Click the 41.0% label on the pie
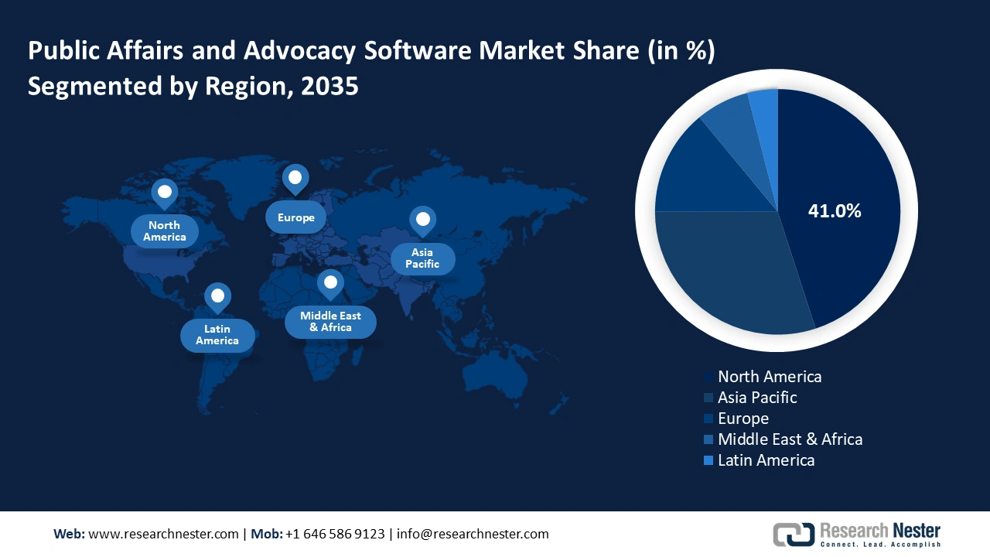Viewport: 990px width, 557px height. click(834, 210)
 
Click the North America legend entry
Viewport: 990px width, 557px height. click(769, 377)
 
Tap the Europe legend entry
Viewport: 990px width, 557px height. click(742, 419)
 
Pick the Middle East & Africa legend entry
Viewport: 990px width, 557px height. click(789, 439)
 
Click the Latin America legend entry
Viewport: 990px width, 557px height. click(766, 460)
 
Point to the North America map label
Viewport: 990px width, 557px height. click(164, 231)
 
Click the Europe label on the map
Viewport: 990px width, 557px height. click(296, 217)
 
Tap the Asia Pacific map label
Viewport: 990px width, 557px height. click(422, 258)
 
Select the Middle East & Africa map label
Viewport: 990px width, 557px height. click(330, 322)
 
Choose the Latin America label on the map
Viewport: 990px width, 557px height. click(217, 335)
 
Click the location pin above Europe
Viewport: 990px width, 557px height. click(295, 179)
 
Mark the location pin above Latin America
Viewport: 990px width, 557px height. click(217, 296)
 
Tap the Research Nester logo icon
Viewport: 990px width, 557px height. click(794, 534)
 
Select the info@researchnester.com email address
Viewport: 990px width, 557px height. click(473, 534)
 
